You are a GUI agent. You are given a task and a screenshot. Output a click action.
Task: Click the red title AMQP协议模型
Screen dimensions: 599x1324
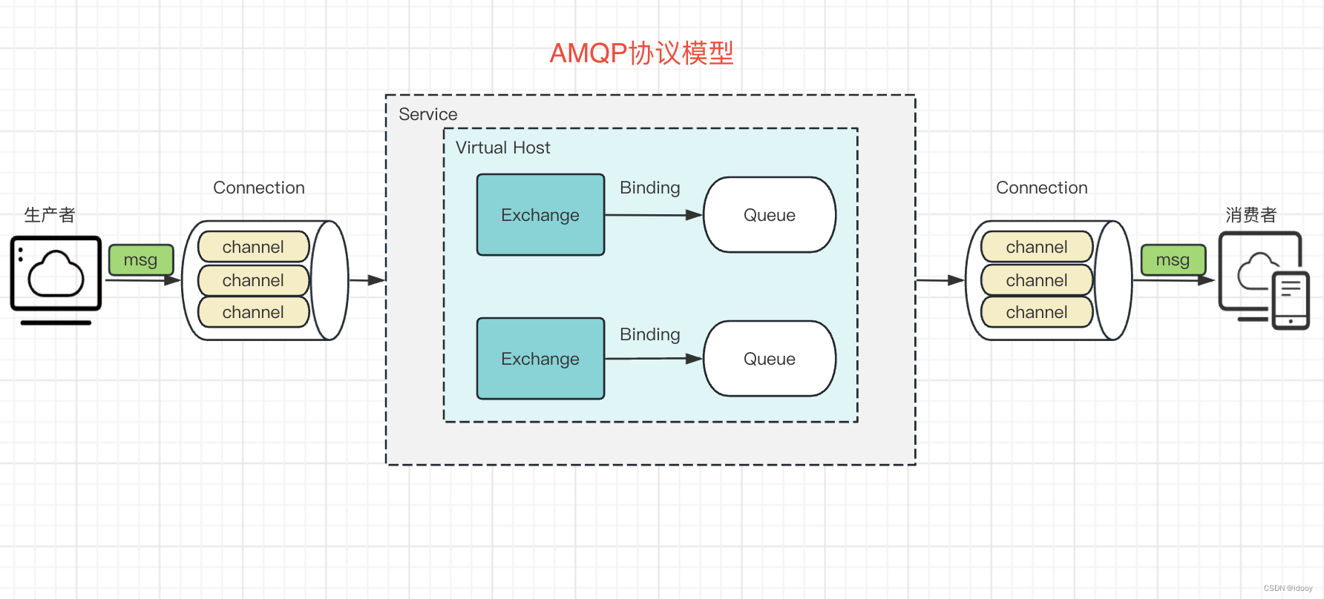[641, 53]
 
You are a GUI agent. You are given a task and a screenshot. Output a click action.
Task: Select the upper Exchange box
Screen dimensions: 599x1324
[540, 215]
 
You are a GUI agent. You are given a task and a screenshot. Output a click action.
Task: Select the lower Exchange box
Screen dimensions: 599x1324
[540, 359]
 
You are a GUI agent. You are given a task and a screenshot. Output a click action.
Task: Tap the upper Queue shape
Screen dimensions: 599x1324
[770, 215]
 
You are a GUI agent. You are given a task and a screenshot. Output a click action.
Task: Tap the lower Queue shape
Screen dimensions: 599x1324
[770, 359]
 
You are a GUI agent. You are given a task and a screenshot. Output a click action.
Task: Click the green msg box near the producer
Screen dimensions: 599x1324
[141, 260]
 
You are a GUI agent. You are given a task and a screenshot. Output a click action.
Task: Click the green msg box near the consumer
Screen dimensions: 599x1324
[1173, 260]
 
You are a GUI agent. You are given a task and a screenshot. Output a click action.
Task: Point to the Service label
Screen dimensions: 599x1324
[427, 114]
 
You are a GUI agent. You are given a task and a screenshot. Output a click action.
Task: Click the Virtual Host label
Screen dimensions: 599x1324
[502, 148]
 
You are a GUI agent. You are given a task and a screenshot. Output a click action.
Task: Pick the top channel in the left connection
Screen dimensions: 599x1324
[253, 247]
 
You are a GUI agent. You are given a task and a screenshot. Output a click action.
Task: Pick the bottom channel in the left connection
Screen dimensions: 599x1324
[253, 312]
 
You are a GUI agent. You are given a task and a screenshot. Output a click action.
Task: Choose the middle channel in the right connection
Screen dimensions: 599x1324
[1036, 280]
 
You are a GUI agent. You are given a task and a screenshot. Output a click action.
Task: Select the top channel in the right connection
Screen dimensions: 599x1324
[1036, 247]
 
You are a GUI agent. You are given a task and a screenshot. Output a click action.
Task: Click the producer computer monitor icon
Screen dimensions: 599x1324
[56, 274]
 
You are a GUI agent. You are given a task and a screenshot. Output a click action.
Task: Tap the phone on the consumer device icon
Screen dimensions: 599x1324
[1291, 300]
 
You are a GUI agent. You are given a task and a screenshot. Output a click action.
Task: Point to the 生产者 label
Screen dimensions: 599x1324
[50, 215]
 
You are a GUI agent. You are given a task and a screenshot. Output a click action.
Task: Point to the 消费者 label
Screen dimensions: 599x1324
[1251, 215]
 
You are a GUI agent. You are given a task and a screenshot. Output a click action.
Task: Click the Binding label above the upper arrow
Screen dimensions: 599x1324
[649, 188]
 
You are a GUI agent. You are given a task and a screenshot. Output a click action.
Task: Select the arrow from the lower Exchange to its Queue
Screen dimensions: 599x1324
[653, 359]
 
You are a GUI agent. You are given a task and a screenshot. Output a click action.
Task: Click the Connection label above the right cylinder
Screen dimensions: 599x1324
[1041, 188]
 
